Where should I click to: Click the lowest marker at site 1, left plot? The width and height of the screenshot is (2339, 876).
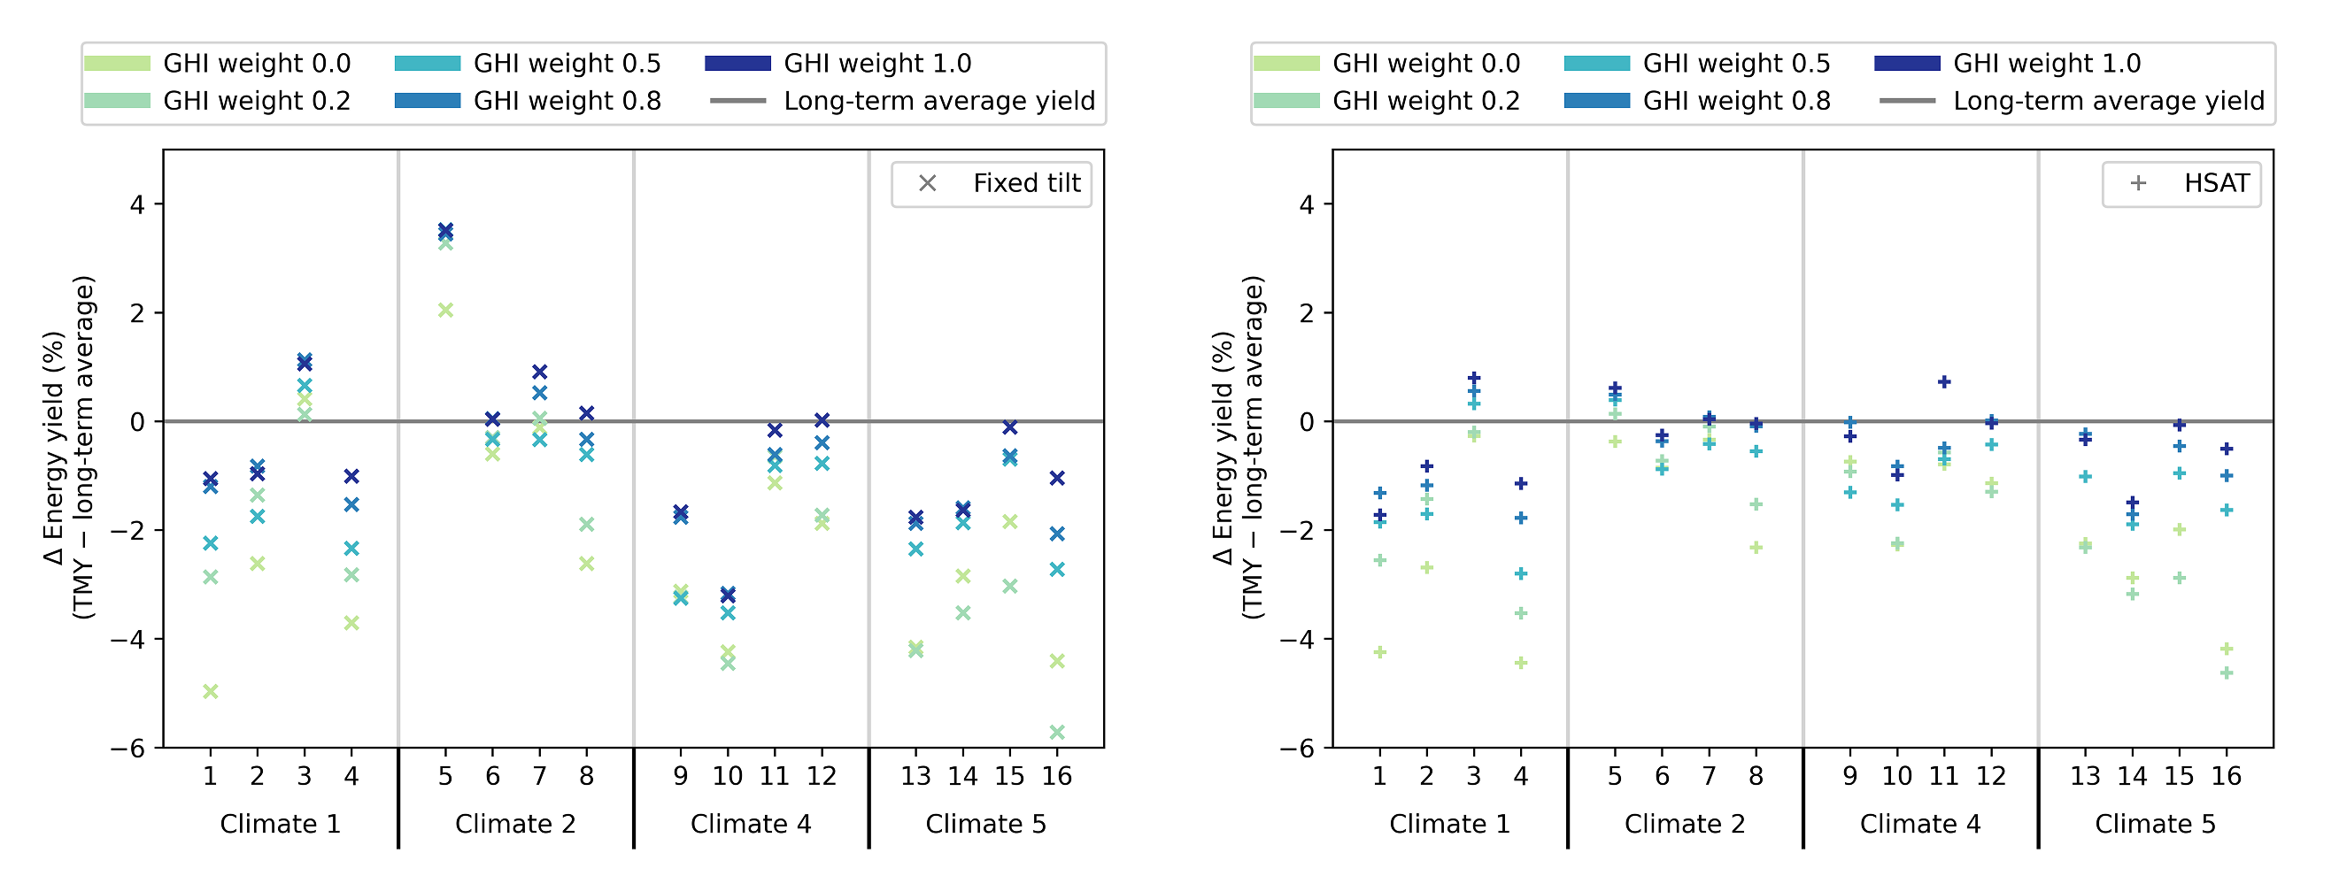point(210,692)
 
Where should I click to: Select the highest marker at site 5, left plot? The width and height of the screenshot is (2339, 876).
point(445,231)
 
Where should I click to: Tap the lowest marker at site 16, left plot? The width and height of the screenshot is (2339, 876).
point(1057,732)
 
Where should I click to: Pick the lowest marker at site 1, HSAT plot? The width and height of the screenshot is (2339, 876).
point(1379,652)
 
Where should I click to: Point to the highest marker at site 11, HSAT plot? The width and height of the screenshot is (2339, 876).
point(1944,382)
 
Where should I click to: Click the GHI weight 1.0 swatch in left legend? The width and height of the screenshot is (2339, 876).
point(737,64)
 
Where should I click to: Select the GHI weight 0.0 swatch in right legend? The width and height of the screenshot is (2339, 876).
point(1285,64)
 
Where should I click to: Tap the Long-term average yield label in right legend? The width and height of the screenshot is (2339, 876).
point(2108,101)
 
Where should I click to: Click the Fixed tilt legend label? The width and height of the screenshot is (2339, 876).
point(1026,183)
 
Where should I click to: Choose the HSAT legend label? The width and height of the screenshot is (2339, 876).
point(2216,183)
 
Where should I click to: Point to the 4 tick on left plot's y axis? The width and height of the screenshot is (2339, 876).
point(137,204)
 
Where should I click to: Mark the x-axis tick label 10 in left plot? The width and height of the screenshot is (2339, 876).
point(728,776)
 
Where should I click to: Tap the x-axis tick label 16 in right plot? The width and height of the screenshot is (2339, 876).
point(2226,776)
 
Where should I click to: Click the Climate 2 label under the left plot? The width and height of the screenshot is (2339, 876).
point(515,825)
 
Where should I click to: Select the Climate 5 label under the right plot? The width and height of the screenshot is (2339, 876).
point(2155,825)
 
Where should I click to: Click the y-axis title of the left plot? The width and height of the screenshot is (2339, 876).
point(69,448)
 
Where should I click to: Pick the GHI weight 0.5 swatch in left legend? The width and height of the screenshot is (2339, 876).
point(427,64)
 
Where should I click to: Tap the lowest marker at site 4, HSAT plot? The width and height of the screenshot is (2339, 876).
point(1521,663)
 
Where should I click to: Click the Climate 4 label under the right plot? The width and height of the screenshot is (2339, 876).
point(1919,825)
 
